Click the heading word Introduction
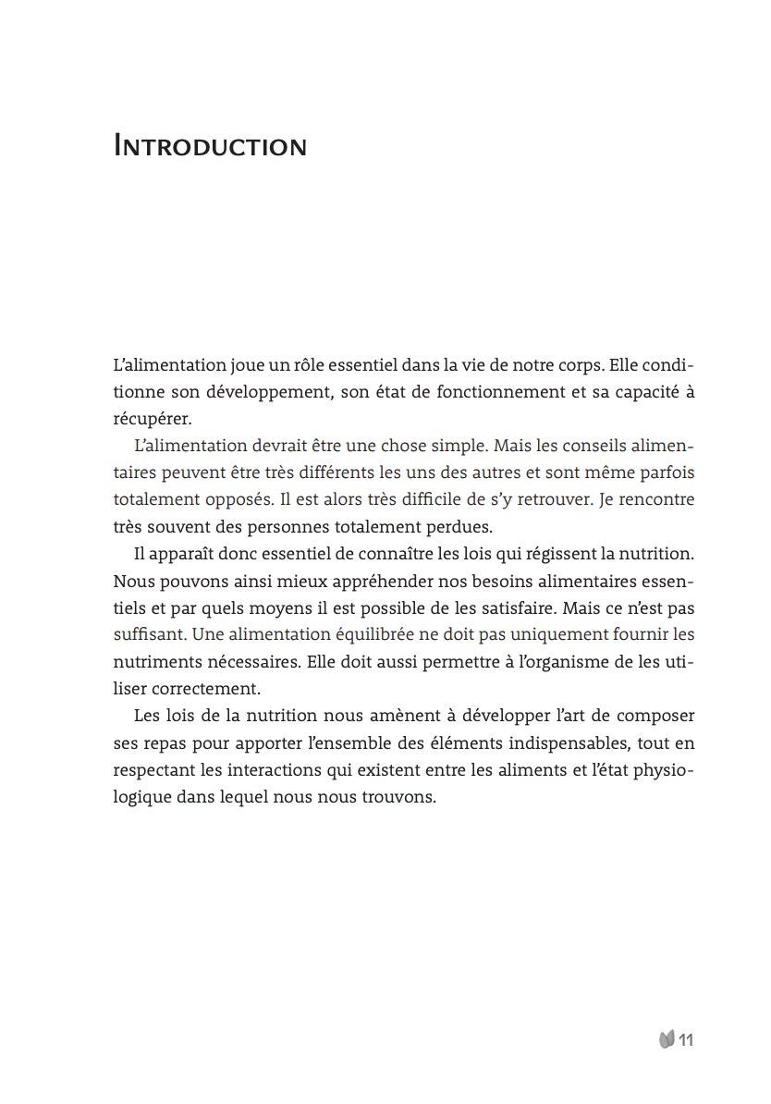[x=210, y=146]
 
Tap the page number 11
[x=686, y=1040]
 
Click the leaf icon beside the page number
[x=666, y=1040]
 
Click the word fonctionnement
[x=499, y=391]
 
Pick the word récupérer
[x=152, y=418]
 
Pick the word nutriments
[x=158, y=662]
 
